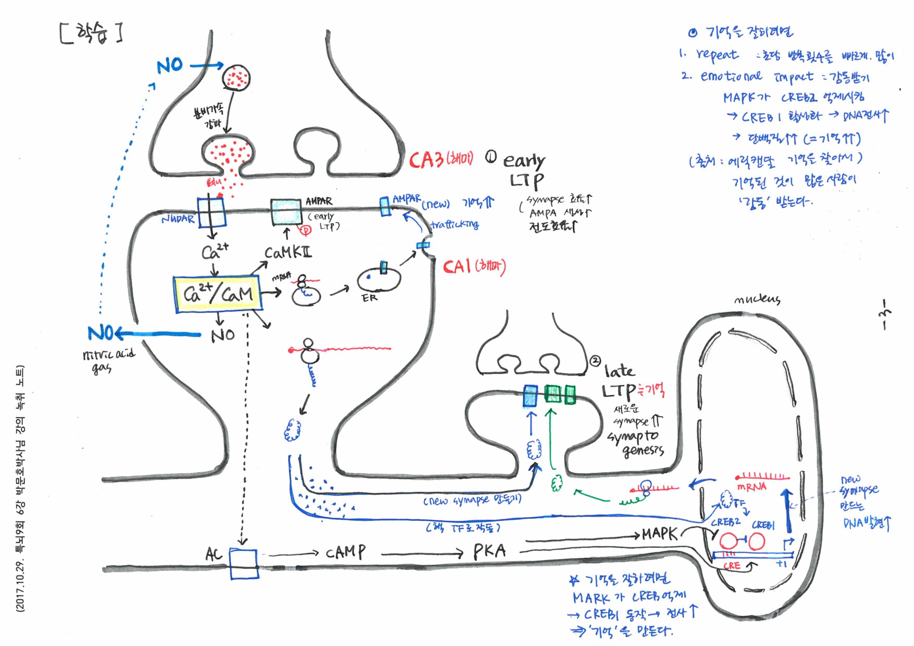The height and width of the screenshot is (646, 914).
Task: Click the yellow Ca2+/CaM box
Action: click(x=218, y=294)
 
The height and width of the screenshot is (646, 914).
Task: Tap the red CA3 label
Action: click(x=426, y=160)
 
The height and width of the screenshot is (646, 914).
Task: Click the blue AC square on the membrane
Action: click(x=244, y=564)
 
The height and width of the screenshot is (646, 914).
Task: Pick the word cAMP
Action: click(x=345, y=552)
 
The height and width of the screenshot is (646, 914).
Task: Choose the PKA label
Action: click(x=489, y=551)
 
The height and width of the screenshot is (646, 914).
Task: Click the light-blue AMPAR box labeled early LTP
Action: click(x=286, y=212)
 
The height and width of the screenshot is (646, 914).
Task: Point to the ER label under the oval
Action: click(x=370, y=297)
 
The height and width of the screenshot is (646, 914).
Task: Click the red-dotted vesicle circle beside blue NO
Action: click(x=236, y=77)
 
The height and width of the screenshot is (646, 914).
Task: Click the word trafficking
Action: click(x=455, y=225)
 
